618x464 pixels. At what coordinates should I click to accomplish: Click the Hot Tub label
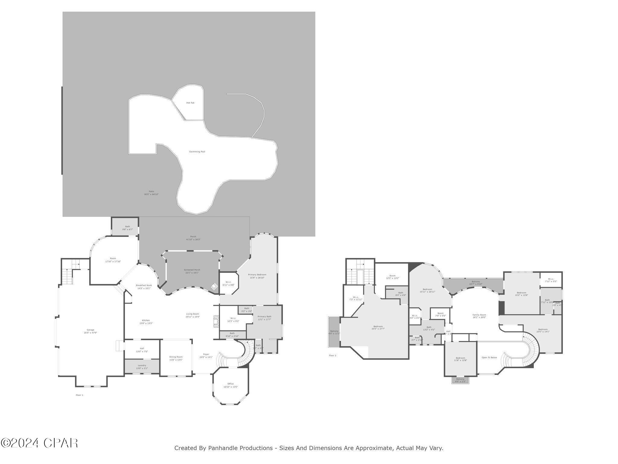190,103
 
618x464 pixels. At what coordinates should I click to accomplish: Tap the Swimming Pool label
197,152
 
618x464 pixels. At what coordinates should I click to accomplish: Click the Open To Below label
489,358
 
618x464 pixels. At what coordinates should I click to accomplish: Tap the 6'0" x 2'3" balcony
460,380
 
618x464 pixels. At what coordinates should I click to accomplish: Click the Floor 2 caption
332,356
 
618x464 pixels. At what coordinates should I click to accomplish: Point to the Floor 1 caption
79,395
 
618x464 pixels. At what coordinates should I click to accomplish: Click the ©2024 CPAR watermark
39,443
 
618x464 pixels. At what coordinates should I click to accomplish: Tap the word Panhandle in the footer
223,448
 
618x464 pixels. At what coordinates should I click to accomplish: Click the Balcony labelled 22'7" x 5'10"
476,283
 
